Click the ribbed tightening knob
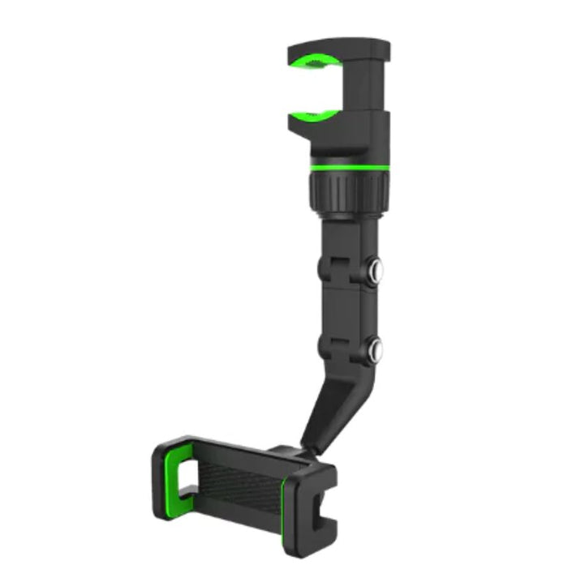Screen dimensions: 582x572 (347, 191)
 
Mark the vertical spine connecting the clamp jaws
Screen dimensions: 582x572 (373, 89)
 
